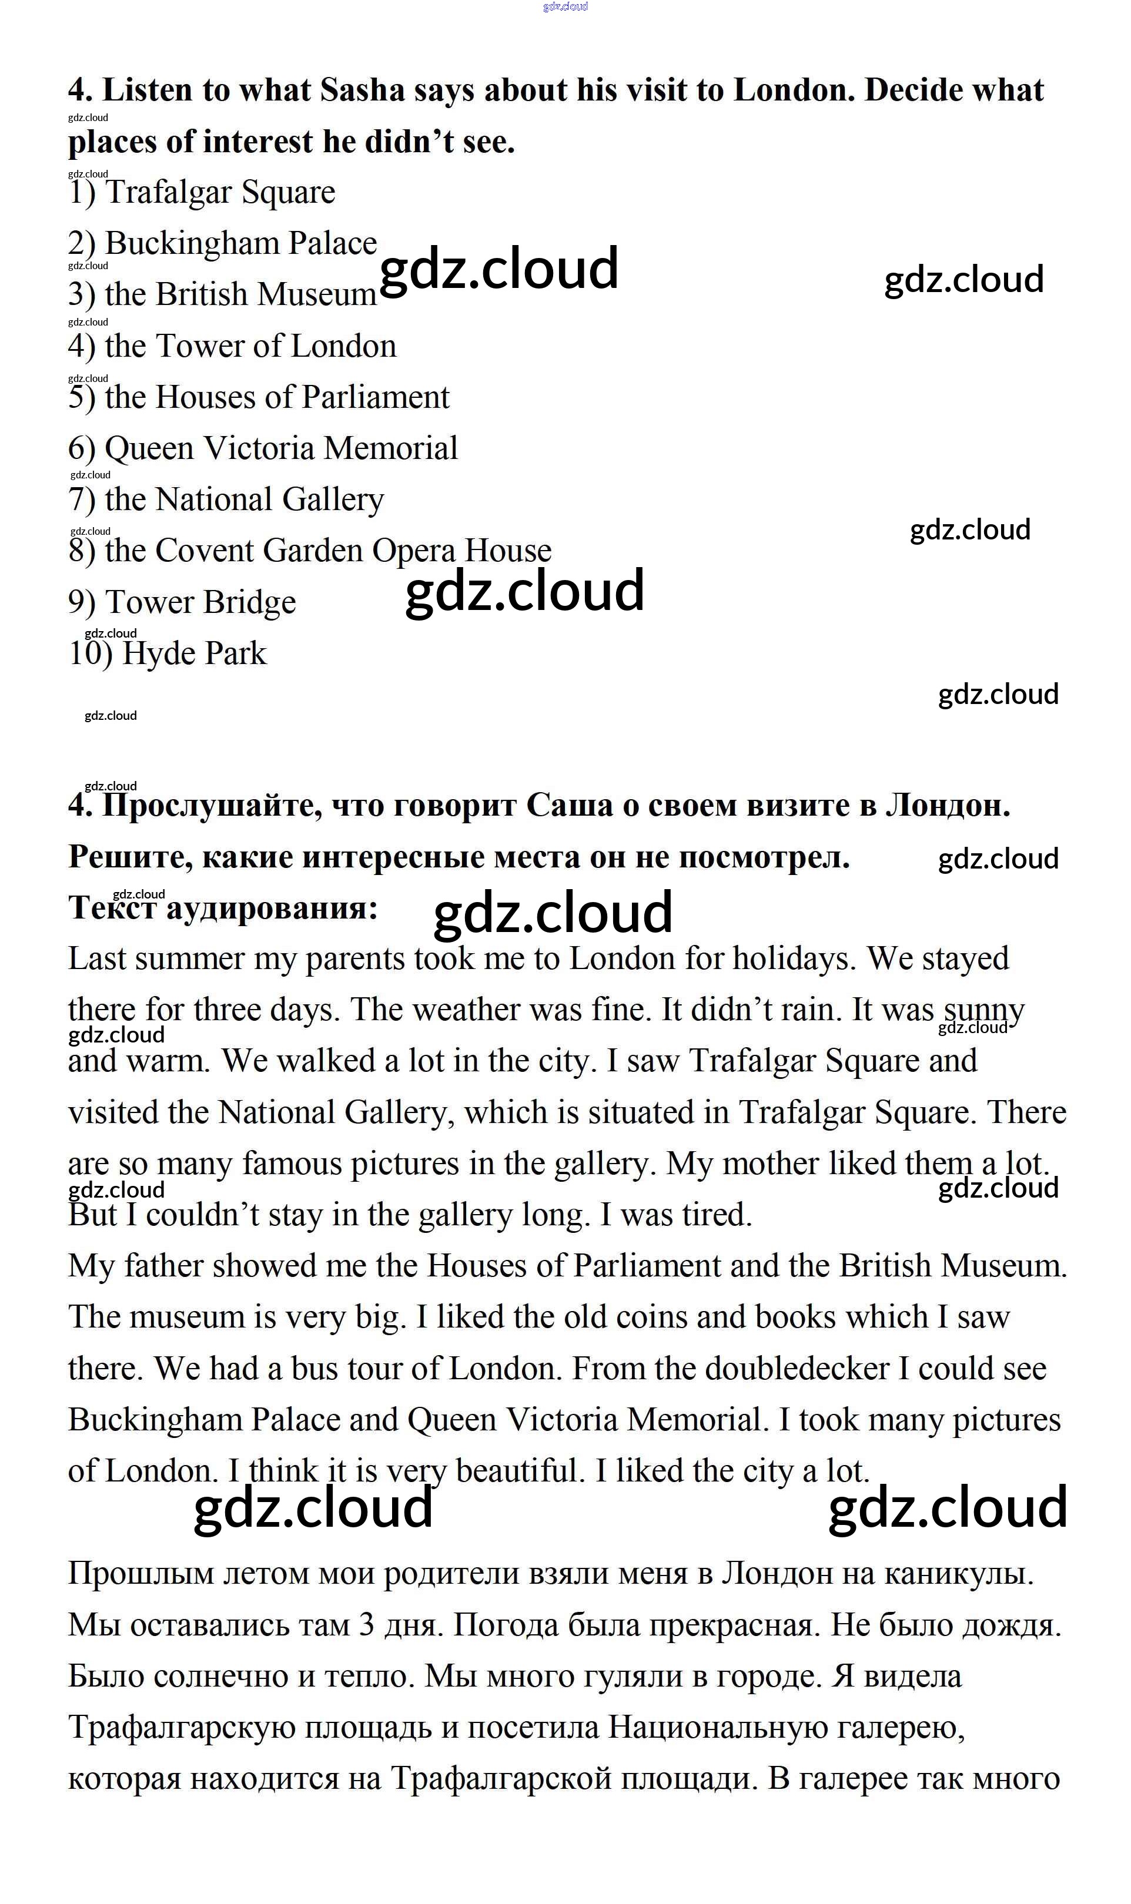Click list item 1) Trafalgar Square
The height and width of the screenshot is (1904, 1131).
tap(202, 192)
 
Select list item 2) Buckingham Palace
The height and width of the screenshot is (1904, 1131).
tap(223, 243)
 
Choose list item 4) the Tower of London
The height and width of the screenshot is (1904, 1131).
tap(232, 346)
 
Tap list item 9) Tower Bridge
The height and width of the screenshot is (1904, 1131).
tap(182, 602)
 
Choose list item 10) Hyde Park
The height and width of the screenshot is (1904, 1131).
tap(168, 653)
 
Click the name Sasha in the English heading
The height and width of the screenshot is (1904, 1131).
tap(362, 90)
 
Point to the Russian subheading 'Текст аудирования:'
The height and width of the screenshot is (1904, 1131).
tap(223, 907)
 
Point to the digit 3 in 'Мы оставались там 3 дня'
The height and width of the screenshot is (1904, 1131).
tap(367, 1626)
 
